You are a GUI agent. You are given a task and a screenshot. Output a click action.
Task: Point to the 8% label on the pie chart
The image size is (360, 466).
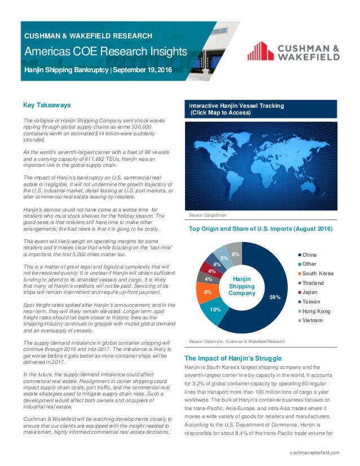(208, 292)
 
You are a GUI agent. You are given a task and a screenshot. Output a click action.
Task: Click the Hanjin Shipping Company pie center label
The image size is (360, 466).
(242, 285)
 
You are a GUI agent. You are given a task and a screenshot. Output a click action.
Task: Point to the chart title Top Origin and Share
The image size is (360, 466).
(260, 229)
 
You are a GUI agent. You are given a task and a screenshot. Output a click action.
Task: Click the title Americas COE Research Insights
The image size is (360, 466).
(105, 53)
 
